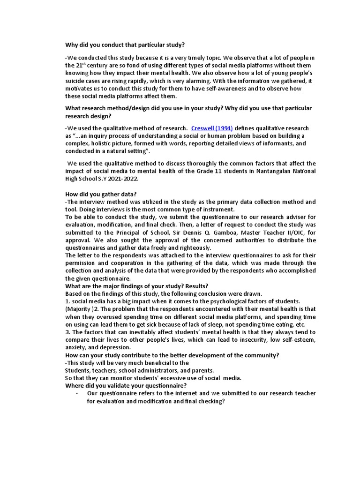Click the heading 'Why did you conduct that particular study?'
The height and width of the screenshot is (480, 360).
tap(125, 45)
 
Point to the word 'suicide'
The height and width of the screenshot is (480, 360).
tap(76, 81)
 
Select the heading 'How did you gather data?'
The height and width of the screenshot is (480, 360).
tap(101, 194)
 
